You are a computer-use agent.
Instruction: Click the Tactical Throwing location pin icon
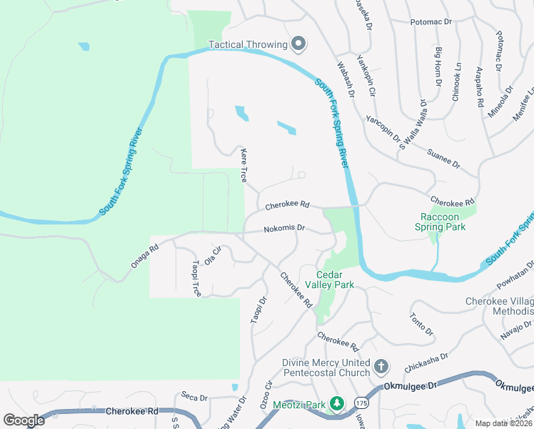click(x=299, y=44)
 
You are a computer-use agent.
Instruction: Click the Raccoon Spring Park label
click(x=440, y=222)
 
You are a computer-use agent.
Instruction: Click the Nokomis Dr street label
click(x=284, y=229)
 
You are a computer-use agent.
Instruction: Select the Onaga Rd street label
click(x=144, y=257)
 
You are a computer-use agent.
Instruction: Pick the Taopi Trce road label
click(x=196, y=278)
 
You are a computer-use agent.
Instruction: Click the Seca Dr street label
click(x=193, y=397)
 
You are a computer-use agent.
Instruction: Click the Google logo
click(x=24, y=420)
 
